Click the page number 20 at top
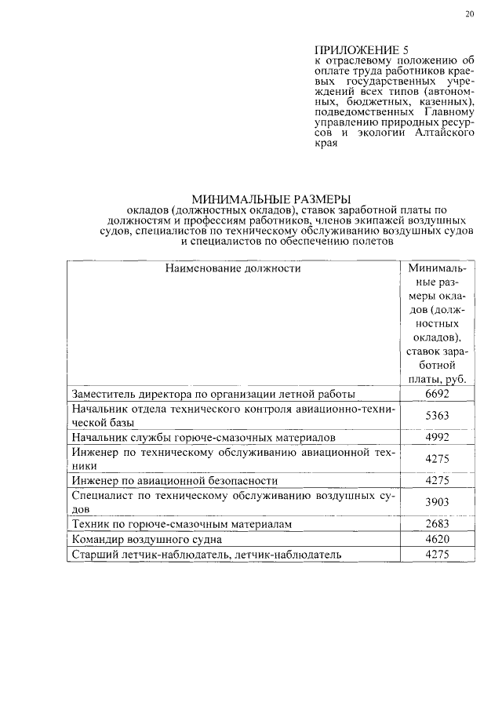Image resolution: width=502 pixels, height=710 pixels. [469, 14]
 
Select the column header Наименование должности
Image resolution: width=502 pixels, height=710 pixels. [233, 268]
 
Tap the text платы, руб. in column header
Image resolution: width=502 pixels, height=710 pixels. [436, 378]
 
